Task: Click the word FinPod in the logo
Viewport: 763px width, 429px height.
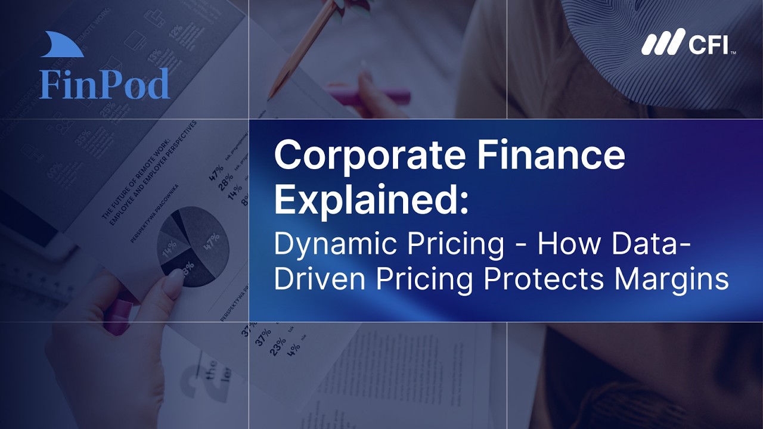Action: [x=104, y=84]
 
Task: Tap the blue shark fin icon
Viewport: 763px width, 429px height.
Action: [x=62, y=46]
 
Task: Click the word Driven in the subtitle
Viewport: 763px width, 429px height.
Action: [x=315, y=278]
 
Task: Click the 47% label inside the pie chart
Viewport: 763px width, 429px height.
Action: [x=213, y=242]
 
